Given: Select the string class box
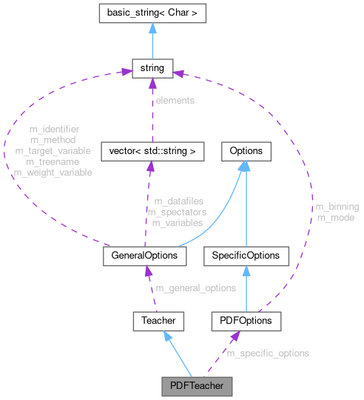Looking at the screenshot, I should (x=152, y=69).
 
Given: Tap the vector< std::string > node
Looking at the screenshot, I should (x=152, y=151).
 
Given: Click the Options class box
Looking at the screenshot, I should (x=246, y=151).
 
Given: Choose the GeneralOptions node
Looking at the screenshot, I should (x=144, y=255).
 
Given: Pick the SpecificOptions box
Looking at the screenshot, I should (x=246, y=255).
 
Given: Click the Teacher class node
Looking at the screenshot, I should (x=158, y=321).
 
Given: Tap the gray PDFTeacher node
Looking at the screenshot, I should (x=197, y=386).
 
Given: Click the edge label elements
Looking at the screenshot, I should (x=175, y=100).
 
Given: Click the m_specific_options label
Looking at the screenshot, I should (x=267, y=353).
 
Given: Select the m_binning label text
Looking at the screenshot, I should (x=337, y=207).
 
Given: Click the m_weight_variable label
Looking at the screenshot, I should (x=53, y=173).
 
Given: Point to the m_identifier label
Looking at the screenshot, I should (x=55, y=129).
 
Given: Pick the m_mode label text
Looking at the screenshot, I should (x=334, y=218).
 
